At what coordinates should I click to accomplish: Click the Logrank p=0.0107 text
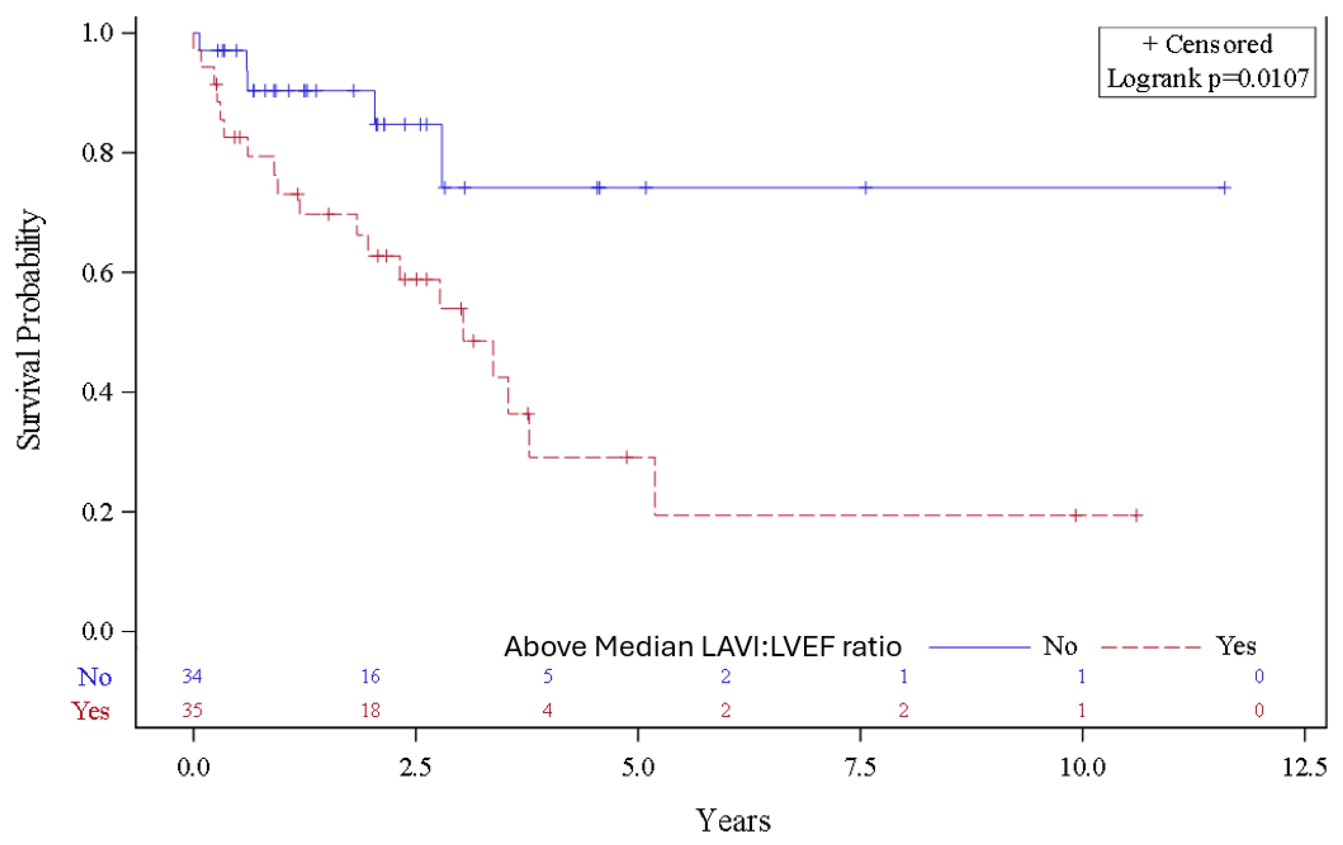pyautogui.click(x=1207, y=79)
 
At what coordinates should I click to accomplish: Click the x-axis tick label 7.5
pyautogui.click(x=861, y=767)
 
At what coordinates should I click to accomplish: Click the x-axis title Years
pyautogui.click(x=733, y=819)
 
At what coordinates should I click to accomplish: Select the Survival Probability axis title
pyautogui.click(x=28, y=330)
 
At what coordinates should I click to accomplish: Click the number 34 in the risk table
pyautogui.click(x=192, y=676)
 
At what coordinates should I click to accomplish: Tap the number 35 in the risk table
pyautogui.click(x=192, y=710)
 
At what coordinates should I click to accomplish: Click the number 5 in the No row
pyautogui.click(x=548, y=676)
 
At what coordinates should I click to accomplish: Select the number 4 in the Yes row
pyautogui.click(x=548, y=710)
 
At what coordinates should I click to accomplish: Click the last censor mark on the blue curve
pyautogui.click(x=1224, y=188)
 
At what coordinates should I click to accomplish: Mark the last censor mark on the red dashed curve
pyautogui.click(x=1136, y=515)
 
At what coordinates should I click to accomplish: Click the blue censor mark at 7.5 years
pyautogui.click(x=865, y=188)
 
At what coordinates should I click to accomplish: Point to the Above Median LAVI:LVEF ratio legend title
pyautogui.click(x=703, y=647)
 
